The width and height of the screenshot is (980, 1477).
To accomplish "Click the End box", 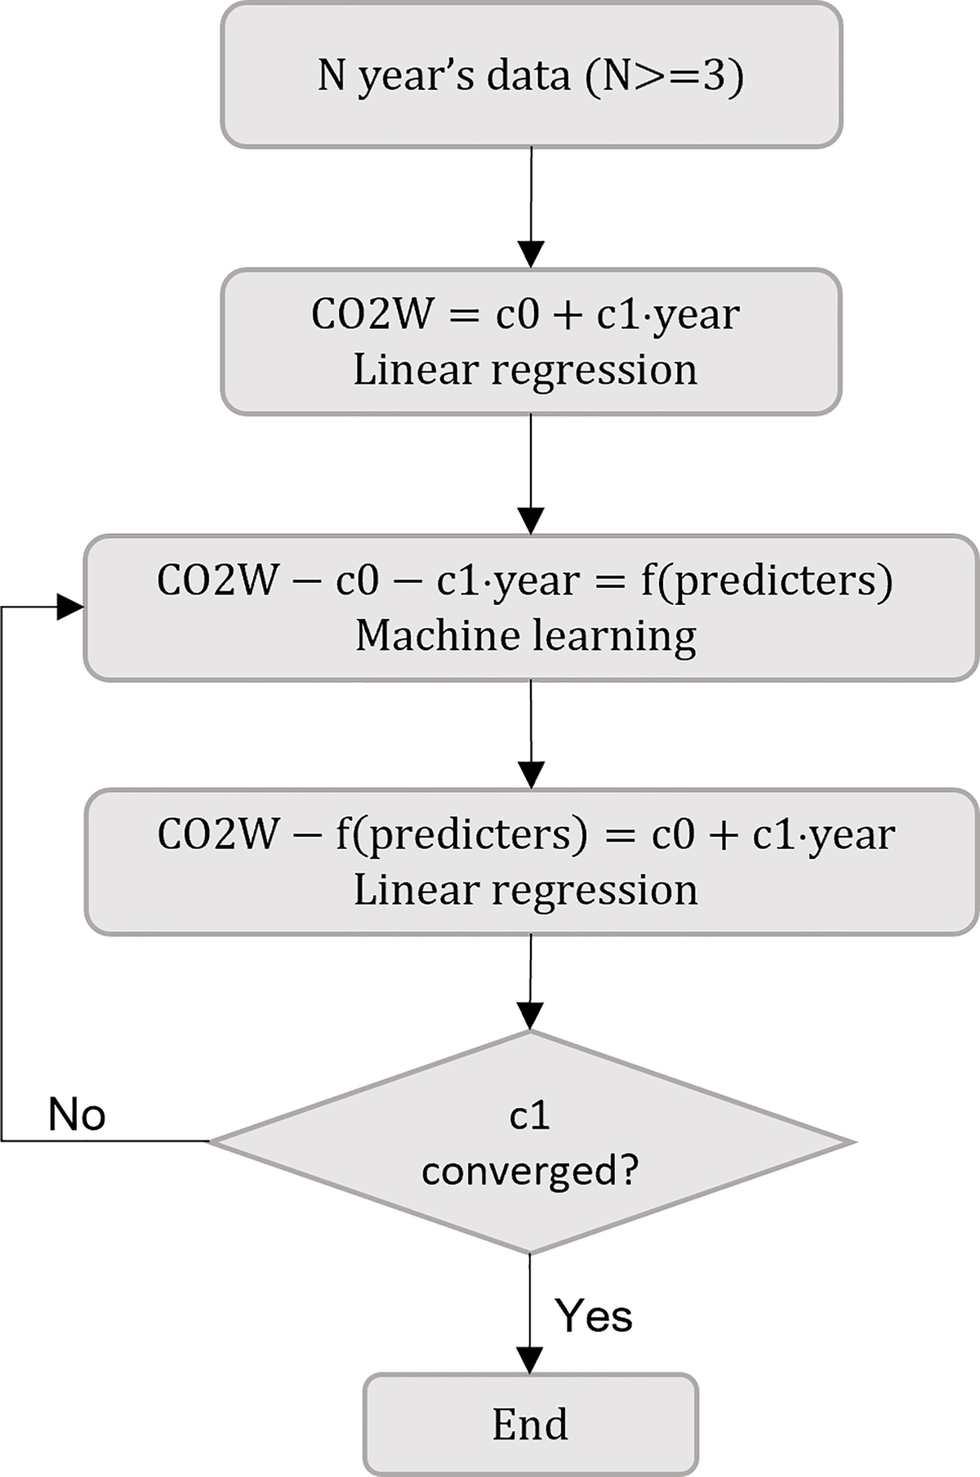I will tap(531, 1424).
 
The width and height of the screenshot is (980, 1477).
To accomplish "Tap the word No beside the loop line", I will tap(77, 1114).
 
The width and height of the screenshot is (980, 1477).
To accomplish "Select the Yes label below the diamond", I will tap(594, 1315).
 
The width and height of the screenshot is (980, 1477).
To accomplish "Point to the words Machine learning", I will tap(526, 636).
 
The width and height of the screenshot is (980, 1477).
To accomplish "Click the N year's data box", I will tap(531, 75).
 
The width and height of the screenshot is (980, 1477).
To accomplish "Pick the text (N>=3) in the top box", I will tap(664, 76).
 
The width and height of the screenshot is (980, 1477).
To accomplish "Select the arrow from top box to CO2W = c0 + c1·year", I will tap(531, 207).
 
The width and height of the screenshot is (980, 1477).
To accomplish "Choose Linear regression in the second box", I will tap(525, 370).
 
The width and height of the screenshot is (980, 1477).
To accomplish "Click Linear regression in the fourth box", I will tap(525, 890).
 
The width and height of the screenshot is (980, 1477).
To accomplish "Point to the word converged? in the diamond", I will tap(529, 1172).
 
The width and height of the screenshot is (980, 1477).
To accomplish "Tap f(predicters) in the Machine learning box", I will tap(766, 581).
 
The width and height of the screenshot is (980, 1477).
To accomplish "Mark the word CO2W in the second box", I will tap(371, 314).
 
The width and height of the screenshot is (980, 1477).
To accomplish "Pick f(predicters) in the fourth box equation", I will tap(461, 835).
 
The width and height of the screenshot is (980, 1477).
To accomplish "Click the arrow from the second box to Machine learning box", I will tap(531, 474).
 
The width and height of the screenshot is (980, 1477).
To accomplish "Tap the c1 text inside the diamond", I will tap(529, 1116).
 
